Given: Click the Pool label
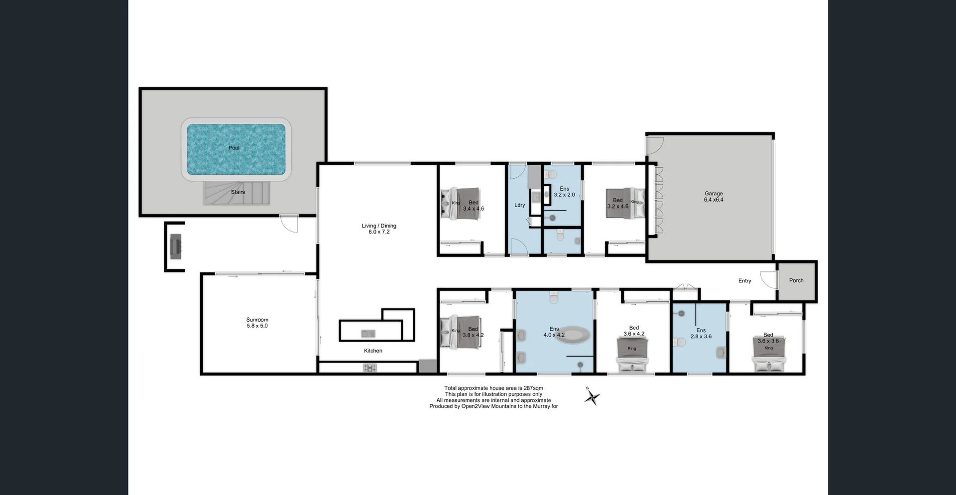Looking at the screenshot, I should pos(234,148).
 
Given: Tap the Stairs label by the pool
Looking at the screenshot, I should pos(238,192).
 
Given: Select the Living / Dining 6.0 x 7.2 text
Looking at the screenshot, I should pos(379,229).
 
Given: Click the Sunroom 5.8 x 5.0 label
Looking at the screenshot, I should pos(257,323).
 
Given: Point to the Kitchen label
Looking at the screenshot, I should pos(373,351).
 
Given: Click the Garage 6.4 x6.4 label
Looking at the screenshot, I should pos(714,197).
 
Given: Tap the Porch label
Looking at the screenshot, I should pos(796,280).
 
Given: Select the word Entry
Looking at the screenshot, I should pos(744,281).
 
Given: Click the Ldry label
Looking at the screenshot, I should pos(519,205).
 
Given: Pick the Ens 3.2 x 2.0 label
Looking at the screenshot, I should pos(564,192).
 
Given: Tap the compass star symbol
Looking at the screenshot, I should pos(592,397).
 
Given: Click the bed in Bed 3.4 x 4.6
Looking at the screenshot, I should pos(461,203).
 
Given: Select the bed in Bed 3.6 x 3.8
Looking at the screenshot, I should pos(769,354).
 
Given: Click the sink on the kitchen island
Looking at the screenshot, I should pos(368,333).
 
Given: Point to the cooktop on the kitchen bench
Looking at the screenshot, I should pos(370,368).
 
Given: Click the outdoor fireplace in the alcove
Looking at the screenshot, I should pos(175,247).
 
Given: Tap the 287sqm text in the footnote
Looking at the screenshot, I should pos(533,388).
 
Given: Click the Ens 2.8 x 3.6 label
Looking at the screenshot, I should pos(701,333).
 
